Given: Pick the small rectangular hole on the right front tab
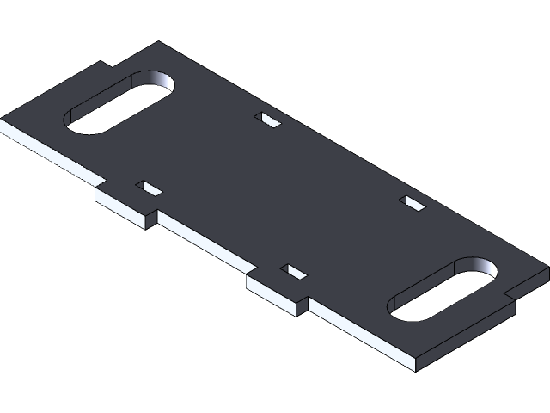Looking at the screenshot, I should (x=294, y=271).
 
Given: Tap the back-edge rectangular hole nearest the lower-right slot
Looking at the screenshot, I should (x=413, y=203).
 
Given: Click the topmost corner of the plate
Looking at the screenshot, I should (x=158, y=42).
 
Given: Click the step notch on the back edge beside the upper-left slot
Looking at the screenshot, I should (x=107, y=65).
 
